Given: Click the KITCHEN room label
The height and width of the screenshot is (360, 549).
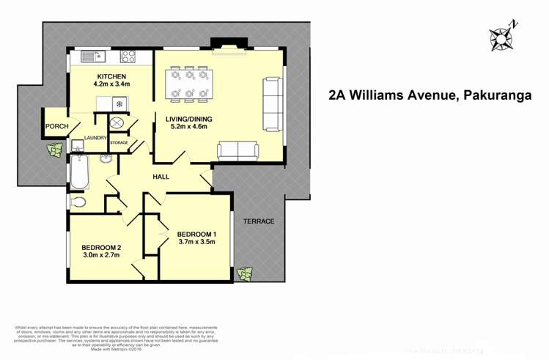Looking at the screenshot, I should click(111, 77).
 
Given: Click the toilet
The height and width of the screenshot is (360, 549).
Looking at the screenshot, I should click(78, 201).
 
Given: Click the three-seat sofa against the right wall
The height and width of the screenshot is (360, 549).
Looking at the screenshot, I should click(272, 103).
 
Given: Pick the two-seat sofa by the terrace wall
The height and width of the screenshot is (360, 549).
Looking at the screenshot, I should click(238, 150).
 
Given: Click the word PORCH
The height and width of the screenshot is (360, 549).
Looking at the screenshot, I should click(57, 126).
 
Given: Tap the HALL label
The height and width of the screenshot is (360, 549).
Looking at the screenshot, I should click(161, 177).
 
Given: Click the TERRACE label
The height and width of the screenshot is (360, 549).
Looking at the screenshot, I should click(259, 221).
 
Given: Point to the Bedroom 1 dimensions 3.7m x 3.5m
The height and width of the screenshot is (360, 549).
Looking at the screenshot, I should click(196, 243).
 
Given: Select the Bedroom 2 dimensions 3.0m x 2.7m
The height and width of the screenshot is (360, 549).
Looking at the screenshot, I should click(101, 257).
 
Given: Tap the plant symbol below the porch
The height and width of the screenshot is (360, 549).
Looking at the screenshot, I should click(53, 151).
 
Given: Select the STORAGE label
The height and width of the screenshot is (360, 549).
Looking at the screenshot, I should click(119, 142).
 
